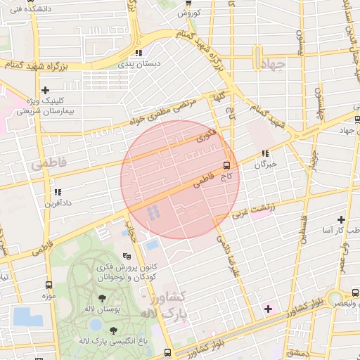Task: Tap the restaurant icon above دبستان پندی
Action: click(139, 52)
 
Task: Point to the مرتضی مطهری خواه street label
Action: click(160, 112)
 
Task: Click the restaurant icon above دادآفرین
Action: click(58, 191)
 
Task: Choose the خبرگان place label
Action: click(265, 163)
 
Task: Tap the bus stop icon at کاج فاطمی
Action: click(226, 166)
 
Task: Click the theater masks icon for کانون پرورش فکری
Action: click(127, 256)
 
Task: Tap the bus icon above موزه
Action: click(49, 285)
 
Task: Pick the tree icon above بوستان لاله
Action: click(103, 299)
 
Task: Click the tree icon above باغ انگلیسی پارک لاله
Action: click(113, 330)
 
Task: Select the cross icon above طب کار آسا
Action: click(342, 219)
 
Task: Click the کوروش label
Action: click(189, 13)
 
